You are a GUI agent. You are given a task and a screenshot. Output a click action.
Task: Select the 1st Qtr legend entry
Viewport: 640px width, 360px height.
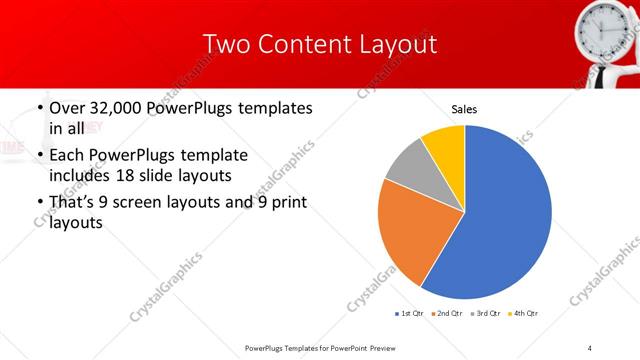409,314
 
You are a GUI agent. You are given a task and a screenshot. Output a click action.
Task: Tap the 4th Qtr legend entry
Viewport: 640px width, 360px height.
525,314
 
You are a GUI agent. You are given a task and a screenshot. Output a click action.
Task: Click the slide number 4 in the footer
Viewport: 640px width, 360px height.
590,347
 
